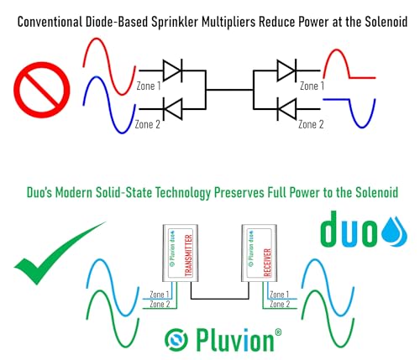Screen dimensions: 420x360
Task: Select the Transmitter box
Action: pos(181,253)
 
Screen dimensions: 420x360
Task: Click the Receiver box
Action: pos(260,253)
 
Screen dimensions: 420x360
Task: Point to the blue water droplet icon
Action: pos(394,233)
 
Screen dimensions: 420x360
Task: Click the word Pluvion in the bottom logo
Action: pos(235,341)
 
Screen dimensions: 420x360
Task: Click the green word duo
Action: pos(349,229)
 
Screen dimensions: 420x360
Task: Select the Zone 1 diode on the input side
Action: pos(173,70)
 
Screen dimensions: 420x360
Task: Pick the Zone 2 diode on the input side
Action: pos(173,109)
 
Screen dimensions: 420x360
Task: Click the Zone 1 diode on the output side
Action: pos(286,70)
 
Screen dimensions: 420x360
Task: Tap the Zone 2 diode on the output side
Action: pos(286,109)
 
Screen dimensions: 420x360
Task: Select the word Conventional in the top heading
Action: pos(50,22)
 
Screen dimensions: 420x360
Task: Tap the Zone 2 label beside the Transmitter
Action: pos(160,304)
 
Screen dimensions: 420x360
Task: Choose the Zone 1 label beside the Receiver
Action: pos(279,295)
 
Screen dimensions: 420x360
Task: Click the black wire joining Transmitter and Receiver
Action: pos(220,299)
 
